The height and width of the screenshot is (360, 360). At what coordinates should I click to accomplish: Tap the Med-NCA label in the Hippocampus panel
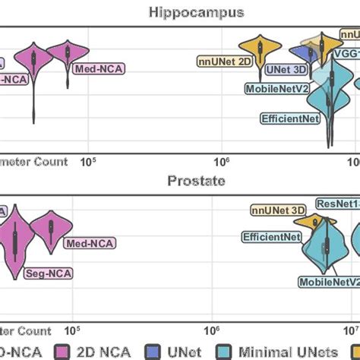point(99,68)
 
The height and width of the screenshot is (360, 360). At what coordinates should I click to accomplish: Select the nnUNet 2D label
point(224,60)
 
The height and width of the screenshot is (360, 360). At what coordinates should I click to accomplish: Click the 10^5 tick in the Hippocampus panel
point(89,163)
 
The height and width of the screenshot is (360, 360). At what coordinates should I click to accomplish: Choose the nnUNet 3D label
point(276,210)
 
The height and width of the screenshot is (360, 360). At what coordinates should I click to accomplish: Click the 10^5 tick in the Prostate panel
point(74,331)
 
